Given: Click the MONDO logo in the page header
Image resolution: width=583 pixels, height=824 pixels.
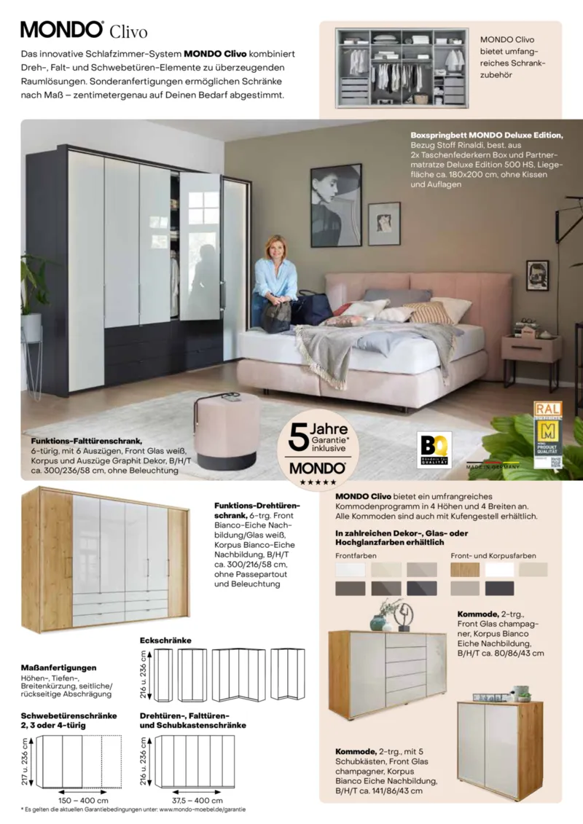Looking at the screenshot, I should click(x=62, y=29).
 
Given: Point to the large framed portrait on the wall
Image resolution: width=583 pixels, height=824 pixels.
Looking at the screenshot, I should click(x=336, y=205).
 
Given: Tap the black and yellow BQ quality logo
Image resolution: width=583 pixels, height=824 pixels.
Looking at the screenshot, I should click(x=435, y=450).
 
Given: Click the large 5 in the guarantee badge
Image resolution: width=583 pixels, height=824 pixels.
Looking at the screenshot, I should click(x=297, y=437).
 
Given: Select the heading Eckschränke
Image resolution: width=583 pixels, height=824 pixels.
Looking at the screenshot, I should click(x=165, y=640).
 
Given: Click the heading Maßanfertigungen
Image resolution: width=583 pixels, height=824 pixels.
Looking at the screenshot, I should click(x=59, y=667).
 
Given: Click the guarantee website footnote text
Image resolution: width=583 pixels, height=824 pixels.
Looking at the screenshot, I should click(x=133, y=809).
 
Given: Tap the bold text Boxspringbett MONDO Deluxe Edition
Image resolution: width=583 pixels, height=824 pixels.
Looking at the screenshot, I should click(x=486, y=136).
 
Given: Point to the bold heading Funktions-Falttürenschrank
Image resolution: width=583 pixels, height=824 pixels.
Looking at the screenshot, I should click(x=86, y=441).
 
